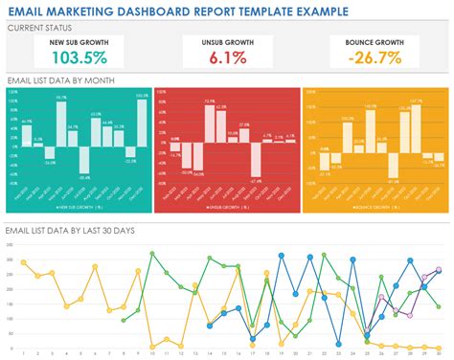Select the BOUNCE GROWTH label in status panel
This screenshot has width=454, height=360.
tap(375, 44)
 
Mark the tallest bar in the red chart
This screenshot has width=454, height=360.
tap(206, 124)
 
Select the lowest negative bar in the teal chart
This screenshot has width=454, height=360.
tap(85, 160)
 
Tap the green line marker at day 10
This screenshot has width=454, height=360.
tap(152, 253)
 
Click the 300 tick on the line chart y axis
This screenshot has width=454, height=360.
tap(9, 247)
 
